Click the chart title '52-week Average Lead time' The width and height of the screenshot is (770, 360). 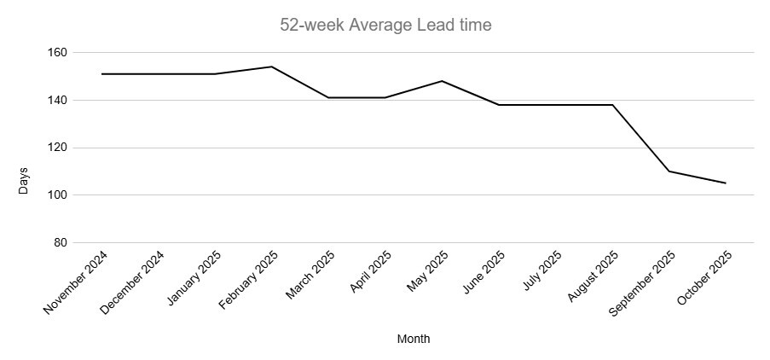click(x=385, y=26)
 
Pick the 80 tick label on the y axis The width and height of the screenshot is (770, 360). click(x=59, y=243)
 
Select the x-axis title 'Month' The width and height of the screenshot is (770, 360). click(x=414, y=340)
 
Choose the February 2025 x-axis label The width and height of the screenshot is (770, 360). click(x=249, y=282)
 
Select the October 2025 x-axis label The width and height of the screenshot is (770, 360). click(x=703, y=281)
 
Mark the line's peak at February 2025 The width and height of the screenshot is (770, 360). click(x=271, y=67)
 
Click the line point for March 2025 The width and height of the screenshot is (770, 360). click(x=328, y=97)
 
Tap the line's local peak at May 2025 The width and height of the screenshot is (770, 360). click(x=442, y=81)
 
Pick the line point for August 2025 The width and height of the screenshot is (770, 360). click(x=612, y=105)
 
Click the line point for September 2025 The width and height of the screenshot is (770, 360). click(x=669, y=171)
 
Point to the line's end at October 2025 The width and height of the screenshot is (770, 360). click(x=726, y=183)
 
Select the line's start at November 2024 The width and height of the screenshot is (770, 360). click(x=101, y=74)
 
